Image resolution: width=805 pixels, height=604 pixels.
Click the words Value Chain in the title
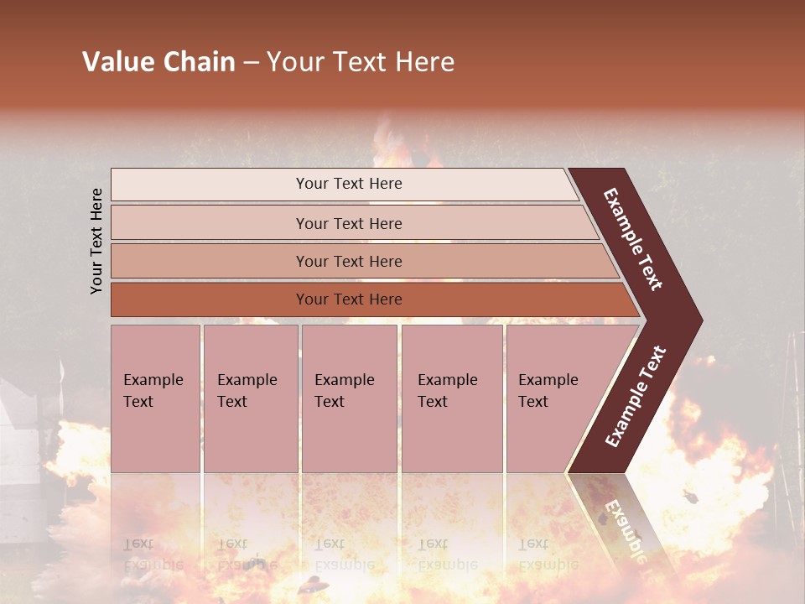158,62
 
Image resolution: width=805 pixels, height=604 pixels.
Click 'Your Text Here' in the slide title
361,62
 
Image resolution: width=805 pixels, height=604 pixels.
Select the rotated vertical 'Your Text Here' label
96,241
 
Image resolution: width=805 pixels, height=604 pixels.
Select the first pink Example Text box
155,398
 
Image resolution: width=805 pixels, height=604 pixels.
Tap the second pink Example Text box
251,398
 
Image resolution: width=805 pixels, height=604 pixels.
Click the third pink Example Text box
349,398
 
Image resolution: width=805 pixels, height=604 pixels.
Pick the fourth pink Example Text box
452,398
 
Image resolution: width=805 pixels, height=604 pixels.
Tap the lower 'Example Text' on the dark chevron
636,397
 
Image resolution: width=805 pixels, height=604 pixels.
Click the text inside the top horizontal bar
349,184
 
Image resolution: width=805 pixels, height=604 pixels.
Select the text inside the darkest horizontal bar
349,299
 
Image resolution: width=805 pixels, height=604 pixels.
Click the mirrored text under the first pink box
153,555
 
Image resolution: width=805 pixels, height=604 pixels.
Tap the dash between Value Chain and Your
251,63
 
